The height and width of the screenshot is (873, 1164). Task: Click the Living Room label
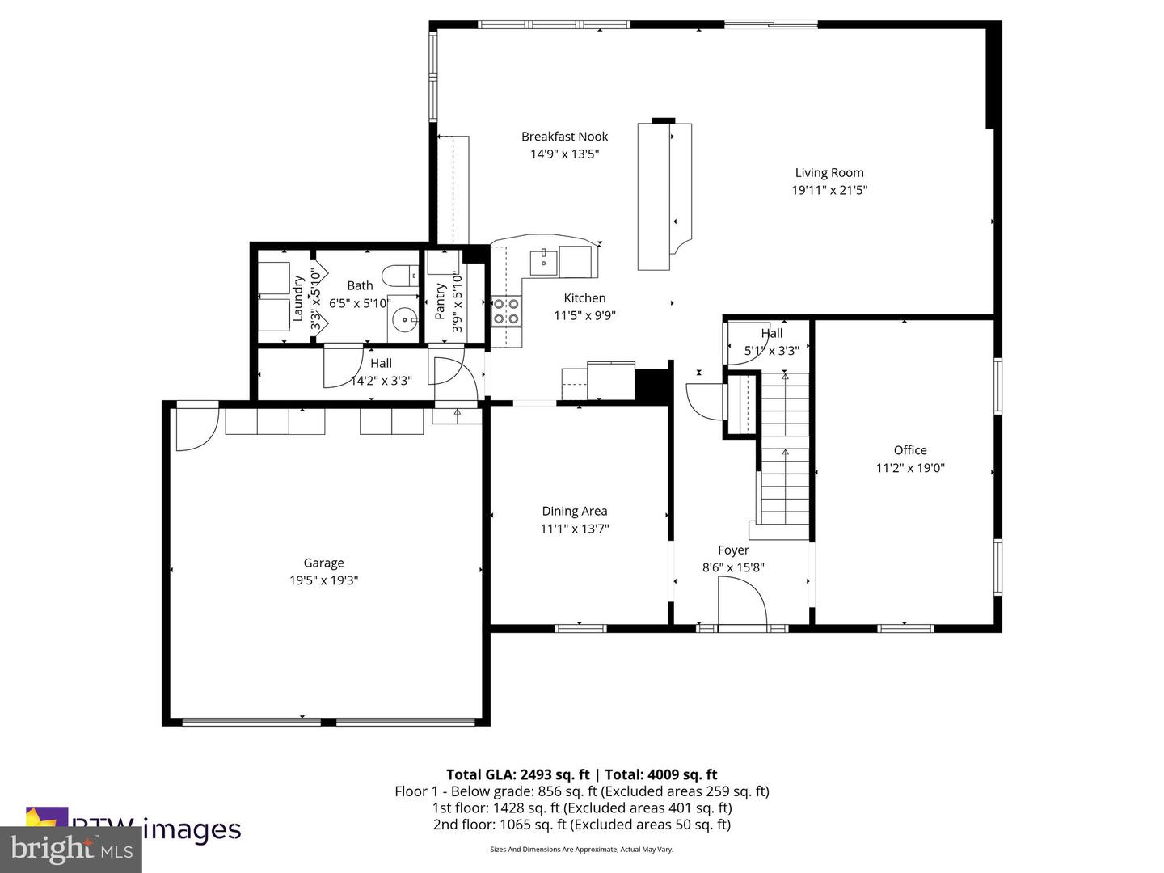tap(829, 172)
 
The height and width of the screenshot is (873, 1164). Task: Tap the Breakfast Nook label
tap(564, 137)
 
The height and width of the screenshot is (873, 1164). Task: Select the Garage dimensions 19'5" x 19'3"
tap(323, 580)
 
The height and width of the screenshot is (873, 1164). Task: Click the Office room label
tap(910, 450)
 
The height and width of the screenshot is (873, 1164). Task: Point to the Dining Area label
tap(574, 511)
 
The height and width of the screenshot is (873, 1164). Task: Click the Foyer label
tap(733, 550)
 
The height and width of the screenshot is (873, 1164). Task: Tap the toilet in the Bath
tap(398, 276)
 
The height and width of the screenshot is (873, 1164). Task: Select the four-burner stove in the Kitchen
tap(507, 311)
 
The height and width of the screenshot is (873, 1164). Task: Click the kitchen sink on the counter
tap(543, 260)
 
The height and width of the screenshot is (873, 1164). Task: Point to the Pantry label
tap(441, 301)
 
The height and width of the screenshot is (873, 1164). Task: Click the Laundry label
tap(297, 298)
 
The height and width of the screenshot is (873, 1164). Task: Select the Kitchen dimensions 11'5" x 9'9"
tap(584, 315)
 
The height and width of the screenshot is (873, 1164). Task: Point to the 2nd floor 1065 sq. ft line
tap(581, 824)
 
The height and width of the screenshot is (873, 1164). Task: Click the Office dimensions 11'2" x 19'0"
tap(910, 468)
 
